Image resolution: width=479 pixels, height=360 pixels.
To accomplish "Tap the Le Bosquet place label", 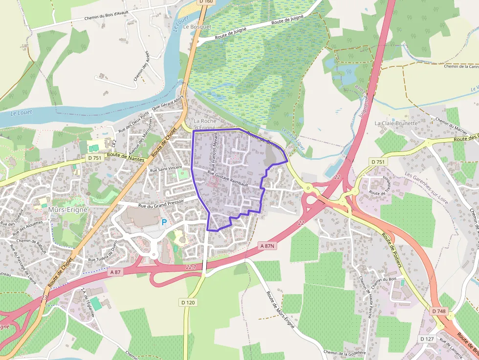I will [197, 27].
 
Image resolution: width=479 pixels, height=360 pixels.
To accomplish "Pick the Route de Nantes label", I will [126, 155].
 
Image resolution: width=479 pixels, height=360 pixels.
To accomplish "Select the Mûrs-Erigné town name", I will [68, 210].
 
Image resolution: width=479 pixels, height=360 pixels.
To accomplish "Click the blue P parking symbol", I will [164, 223].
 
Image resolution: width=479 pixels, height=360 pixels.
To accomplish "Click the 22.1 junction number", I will [191, 267].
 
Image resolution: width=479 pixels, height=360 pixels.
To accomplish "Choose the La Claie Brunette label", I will [396, 124].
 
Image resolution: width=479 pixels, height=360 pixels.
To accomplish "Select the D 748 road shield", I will [439, 311].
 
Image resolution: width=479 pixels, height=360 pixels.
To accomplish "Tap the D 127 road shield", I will [427, 339].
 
